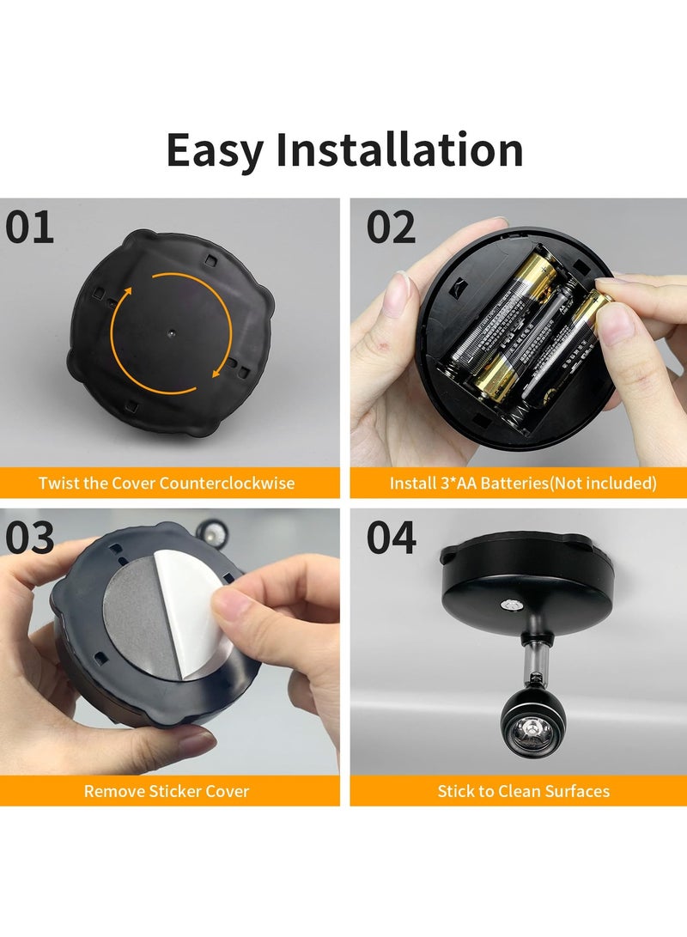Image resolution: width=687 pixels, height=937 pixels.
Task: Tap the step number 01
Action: (30, 228)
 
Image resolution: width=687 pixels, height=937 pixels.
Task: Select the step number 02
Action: (392, 228)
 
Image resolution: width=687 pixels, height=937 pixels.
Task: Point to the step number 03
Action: (30, 538)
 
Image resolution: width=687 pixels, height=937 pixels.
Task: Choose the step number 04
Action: (392, 538)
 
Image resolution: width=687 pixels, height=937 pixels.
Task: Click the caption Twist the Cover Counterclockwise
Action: (167, 483)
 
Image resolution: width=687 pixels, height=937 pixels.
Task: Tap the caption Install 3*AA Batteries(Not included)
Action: (523, 483)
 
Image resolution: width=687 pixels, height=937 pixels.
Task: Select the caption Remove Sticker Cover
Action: (167, 791)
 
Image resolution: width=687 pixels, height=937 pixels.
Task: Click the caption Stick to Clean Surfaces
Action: (523, 791)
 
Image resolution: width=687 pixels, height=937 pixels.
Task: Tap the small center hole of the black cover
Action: (170, 331)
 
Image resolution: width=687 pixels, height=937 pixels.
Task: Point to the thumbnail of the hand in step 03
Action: (225, 610)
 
